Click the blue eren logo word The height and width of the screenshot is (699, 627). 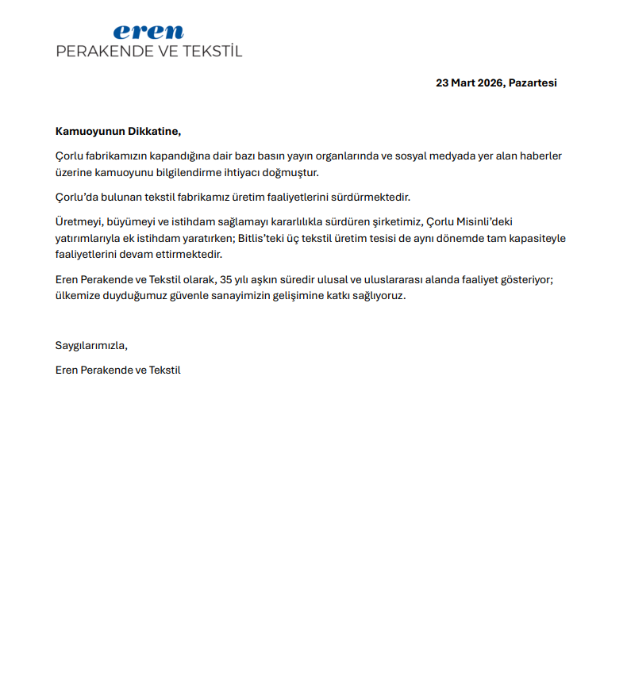click(x=148, y=33)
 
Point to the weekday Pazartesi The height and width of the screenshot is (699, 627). click(x=533, y=83)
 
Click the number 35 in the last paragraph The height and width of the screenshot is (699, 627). click(x=226, y=279)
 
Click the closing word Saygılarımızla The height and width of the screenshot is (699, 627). click(x=91, y=345)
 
